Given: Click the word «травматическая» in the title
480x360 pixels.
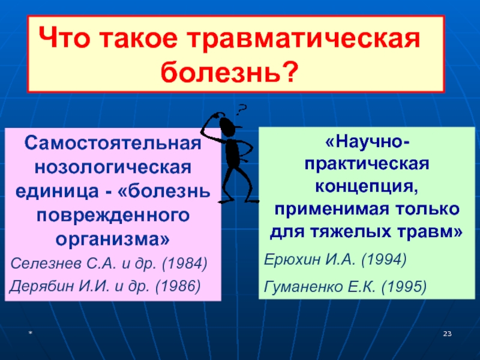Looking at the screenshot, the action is click(304, 38).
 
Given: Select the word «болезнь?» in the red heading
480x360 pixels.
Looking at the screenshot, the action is click(230, 72).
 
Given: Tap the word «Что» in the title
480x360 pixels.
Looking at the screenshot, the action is click(64, 38).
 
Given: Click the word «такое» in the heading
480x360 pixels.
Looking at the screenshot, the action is click(139, 38).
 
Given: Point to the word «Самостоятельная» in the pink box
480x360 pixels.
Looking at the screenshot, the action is click(113, 143).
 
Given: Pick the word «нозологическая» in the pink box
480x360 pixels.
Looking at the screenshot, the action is click(113, 167).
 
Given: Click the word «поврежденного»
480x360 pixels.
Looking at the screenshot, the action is click(113, 216).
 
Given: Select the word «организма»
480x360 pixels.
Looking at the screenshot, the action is click(109, 239).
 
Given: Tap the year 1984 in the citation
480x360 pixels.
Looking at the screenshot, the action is click(185, 263).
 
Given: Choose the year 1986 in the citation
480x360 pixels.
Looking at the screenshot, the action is click(178, 286).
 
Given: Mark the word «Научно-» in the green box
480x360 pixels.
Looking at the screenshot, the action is click(367, 142).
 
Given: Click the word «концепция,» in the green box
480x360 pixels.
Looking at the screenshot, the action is click(367, 186).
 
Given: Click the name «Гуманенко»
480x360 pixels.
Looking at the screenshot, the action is click(303, 287).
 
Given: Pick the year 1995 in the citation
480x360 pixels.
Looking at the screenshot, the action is click(404, 287).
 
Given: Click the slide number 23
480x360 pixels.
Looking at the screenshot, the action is click(447, 334).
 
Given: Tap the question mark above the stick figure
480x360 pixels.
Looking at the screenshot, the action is click(242, 110).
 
